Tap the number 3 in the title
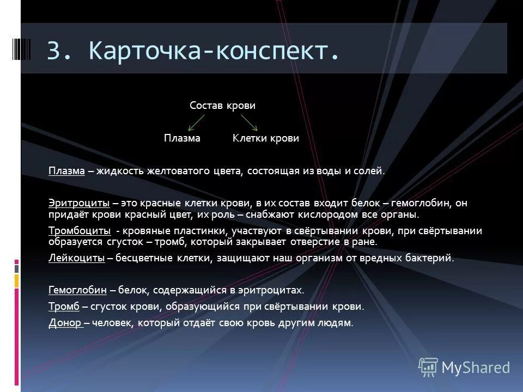[x=54, y=51]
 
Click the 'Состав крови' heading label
[x=222, y=105]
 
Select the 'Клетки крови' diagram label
[x=266, y=138]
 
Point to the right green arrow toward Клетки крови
[x=248, y=122]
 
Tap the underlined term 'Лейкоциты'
[x=76, y=258]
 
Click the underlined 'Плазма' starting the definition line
[x=66, y=171]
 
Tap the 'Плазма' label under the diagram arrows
[x=183, y=138]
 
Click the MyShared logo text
[x=476, y=367]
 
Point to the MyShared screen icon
[x=428, y=367]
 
